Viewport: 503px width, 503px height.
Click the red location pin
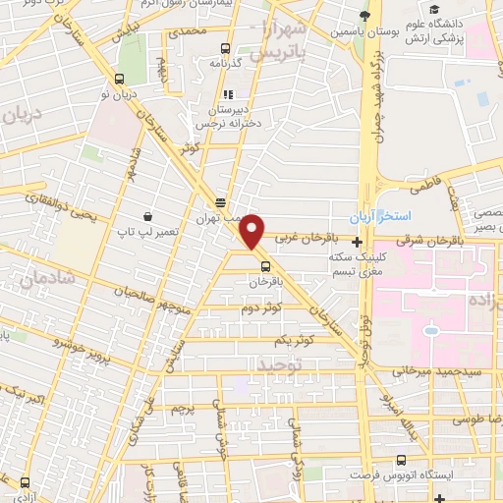(253, 231)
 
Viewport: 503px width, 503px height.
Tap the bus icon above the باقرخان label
(265, 265)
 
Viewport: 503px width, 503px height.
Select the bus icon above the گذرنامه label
(226, 48)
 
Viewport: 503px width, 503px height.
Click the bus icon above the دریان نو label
(120, 80)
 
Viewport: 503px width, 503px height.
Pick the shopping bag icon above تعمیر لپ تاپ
(147, 215)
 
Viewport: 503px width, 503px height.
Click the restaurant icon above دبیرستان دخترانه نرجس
(228, 96)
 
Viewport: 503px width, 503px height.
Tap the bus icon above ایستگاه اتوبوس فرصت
(401, 459)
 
